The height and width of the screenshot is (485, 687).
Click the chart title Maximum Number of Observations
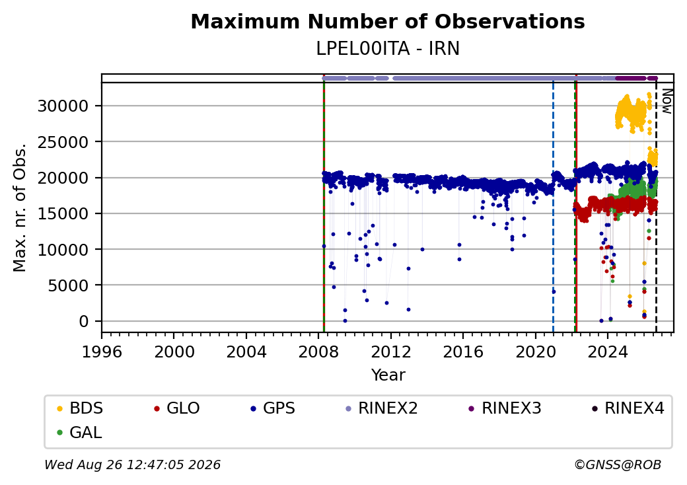tap(388, 21)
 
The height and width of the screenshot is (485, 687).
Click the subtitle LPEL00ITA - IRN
tap(388, 49)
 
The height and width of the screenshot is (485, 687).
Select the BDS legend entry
tap(80, 408)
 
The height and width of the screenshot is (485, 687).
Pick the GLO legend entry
tap(176, 408)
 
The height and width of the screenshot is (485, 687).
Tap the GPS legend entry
tap(273, 408)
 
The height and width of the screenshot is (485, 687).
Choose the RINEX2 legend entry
tap(381, 408)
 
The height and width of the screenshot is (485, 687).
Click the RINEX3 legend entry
tap(505, 408)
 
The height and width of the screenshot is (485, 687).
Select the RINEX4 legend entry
tap(628, 408)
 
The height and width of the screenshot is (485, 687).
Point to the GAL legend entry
tap(80, 432)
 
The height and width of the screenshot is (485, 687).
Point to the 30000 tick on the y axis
tap(63, 106)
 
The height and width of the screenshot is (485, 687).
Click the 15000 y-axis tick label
tap(63, 214)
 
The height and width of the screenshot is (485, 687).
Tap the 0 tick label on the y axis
tap(84, 322)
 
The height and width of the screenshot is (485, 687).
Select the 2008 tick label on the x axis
tap(318, 352)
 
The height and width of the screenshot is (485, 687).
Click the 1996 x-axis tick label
tap(102, 352)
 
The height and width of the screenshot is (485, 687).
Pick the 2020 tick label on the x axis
tap(536, 352)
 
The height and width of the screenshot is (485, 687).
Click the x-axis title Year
tap(388, 375)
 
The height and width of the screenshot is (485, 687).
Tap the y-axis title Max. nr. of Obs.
tap(20, 207)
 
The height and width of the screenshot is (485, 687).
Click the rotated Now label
tap(667, 101)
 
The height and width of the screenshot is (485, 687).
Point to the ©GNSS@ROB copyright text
tap(618, 465)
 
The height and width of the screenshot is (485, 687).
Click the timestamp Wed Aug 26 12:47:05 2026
tap(133, 465)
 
